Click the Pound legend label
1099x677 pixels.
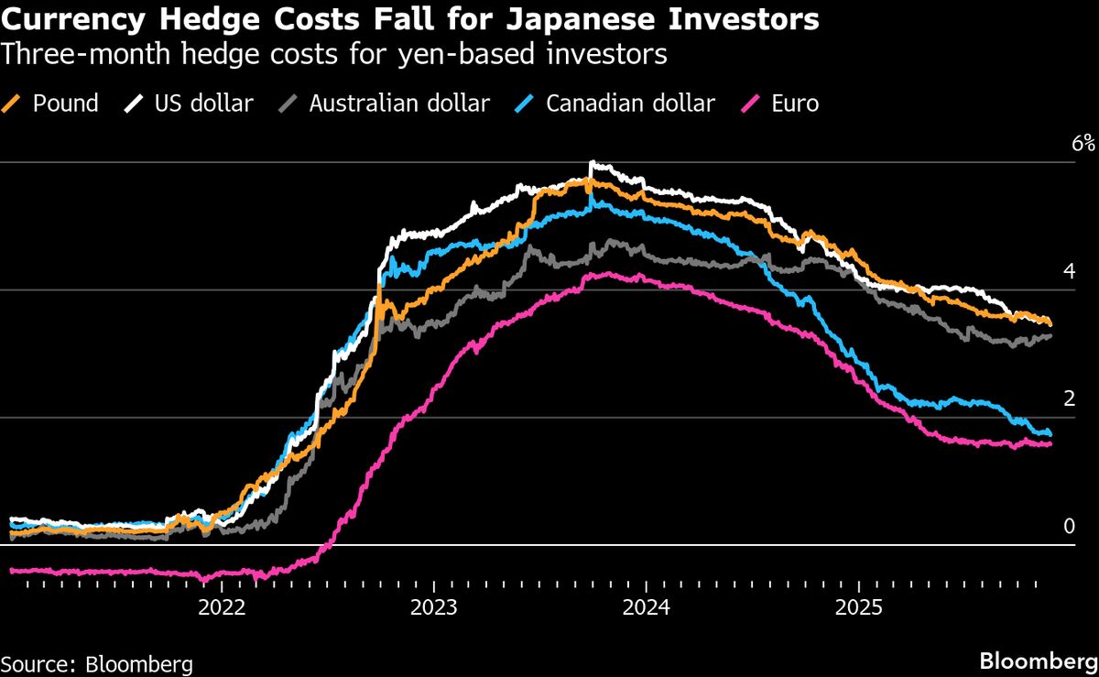[65, 104]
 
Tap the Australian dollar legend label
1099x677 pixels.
[398, 104]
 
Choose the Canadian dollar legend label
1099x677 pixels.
[630, 104]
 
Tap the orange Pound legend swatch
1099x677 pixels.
[13, 104]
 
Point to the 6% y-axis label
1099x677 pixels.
[1082, 143]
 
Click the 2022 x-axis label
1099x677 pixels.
[223, 606]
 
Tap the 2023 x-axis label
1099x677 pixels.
[435, 606]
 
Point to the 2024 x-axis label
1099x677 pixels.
[647, 606]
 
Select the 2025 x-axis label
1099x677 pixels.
[859, 606]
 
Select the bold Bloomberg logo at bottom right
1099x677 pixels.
[1038, 661]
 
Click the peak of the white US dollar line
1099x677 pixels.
[592, 163]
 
